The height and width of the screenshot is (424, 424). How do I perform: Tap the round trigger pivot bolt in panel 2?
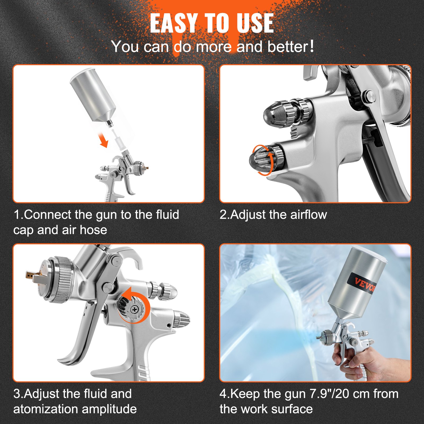pos(369,95)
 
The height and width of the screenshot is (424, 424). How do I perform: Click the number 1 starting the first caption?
pos(16,215)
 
